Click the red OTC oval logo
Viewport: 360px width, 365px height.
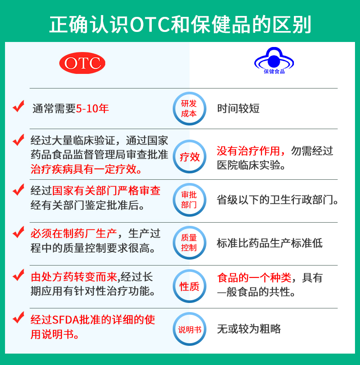82,63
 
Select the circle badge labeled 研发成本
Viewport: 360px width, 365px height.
189,108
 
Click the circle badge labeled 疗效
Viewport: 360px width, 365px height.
189,157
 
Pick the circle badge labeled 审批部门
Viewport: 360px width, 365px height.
189,200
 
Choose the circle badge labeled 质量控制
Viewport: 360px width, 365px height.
189,242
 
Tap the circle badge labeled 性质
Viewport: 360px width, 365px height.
189,286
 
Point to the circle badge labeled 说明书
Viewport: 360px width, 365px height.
189,329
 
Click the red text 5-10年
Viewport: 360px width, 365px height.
93,109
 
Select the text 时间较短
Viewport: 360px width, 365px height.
238,109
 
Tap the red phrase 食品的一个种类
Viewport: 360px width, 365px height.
254,277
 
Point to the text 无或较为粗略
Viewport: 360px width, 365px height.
249,328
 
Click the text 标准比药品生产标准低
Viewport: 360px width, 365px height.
269,243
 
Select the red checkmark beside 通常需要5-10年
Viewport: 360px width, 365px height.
19,107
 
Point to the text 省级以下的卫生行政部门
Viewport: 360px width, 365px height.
278,200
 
